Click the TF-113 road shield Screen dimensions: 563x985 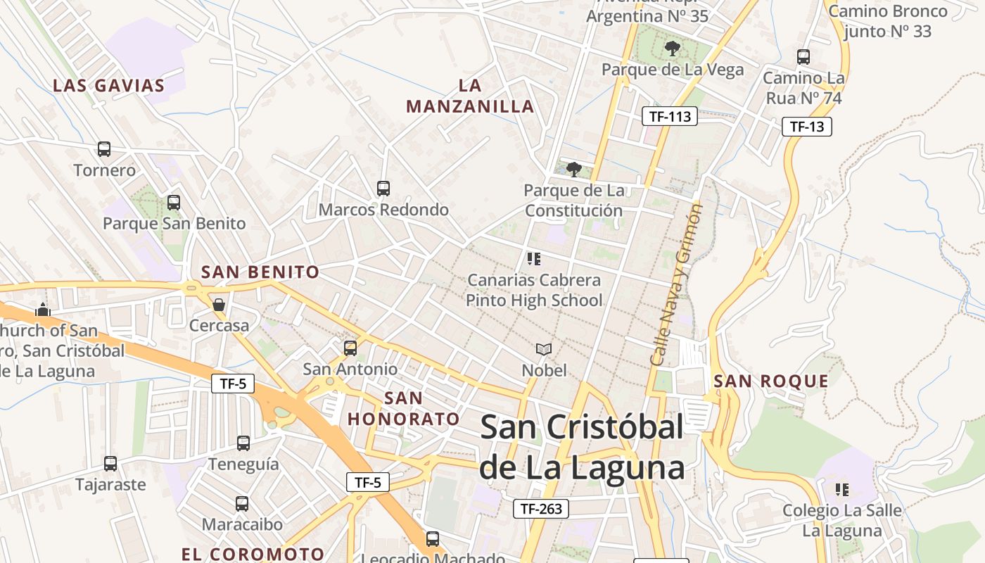click(x=670, y=117)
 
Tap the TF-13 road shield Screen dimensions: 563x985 click(x=807, y=127)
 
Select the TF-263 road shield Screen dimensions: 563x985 click(x=540, y=508)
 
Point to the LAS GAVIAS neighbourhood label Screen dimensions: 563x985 click(x=108, y=86)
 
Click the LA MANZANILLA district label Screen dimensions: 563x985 click(x=470, y=96)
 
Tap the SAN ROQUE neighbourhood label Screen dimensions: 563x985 click(x=771, y=381)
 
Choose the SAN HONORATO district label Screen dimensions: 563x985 click(x=403, y=409)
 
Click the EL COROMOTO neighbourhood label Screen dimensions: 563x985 click(x=253, y=554)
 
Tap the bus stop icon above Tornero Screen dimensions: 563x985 click(x=104, y=149)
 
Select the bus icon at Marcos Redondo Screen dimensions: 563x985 click(x=383, y=189)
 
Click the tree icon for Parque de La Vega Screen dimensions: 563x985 click(x=672, y=49)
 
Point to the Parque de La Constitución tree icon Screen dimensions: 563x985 click(x=574, y=169)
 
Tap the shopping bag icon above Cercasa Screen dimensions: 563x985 click(x=219, y=305)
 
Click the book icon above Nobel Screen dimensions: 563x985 click(x=544, y=349)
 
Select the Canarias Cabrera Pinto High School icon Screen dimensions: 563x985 click(x=534, y=259)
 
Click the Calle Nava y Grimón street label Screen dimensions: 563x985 click(x=676, y=285)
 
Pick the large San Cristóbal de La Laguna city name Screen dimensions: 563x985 click(x=582, y=448)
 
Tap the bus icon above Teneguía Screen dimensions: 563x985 click(x=243, y=443)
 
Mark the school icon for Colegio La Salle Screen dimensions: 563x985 click(x=841, y=489)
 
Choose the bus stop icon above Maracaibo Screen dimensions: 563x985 click(x=242, y=504)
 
